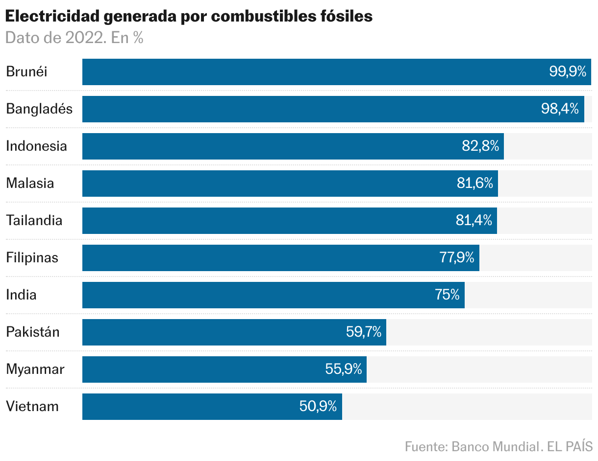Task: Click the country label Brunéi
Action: pyautogui.click(x=26, y=72)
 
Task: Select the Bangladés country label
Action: pyautogui.click(x=39, y=109)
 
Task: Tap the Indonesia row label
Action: pyautogui.click(x=36, y=146)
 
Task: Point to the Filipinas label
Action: pyautogui.click(x=32, y=258)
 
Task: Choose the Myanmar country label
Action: pyautogui.click(x=35, y=369)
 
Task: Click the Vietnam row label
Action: pyautogui.click(x=32, y=407)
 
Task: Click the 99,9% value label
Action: pyautogui.click(x=567, y=72)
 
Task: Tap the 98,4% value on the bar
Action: pyautogui.click(x=560, y=109)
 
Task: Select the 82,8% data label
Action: pyautogui.click(x=480, y=146)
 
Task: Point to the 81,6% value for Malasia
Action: pyautogui.click(x=474, y=184)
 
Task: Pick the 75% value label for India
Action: pyautogui.click(x=447, y=295)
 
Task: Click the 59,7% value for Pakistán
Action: pyautogui.click(x=363, y=332)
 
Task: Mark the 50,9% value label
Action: pyautogui.click(x=318, y=407)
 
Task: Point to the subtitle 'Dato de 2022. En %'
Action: pyautogui.click(x=74, y=38)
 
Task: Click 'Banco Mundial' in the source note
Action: pyautogui.click(x=494, y=447)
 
